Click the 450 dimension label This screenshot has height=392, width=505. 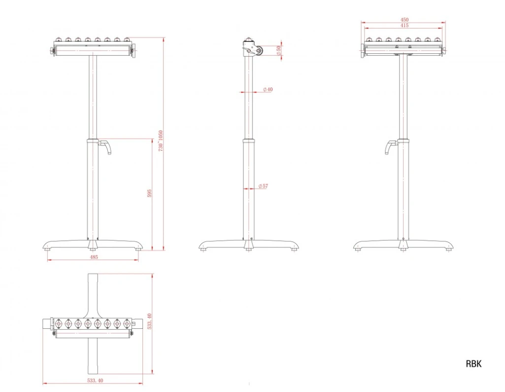click(x=404, y=20)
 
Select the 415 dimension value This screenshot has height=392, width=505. click(x=404, y=26)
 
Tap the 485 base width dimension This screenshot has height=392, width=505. click(x=94, y=257)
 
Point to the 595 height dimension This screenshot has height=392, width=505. click(x=149, y=193)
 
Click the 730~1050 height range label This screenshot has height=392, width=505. click(x=161, y=141)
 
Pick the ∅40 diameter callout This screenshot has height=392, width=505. click(x=268, y=89)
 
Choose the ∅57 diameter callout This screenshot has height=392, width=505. click(x=263, y=186)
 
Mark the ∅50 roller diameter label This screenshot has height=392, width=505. click(x=279, y=50)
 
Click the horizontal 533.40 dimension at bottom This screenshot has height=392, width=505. click(x=95, y=380)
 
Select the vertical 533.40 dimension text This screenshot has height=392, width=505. click(x=149, y=321)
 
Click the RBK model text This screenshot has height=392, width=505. click(x=473, y=364)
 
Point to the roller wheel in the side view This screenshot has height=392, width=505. click(x=258, y=51)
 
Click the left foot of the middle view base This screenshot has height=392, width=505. click(x=203, y=248)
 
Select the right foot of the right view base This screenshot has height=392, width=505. click(x=449, y=248)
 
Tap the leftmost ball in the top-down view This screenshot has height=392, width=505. click(x=59, y=323)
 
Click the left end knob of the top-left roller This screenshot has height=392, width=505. click(x=52, y=51)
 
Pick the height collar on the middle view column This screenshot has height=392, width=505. click(x=248, y=141)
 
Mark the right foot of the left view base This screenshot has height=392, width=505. click(x=138, y=248)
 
